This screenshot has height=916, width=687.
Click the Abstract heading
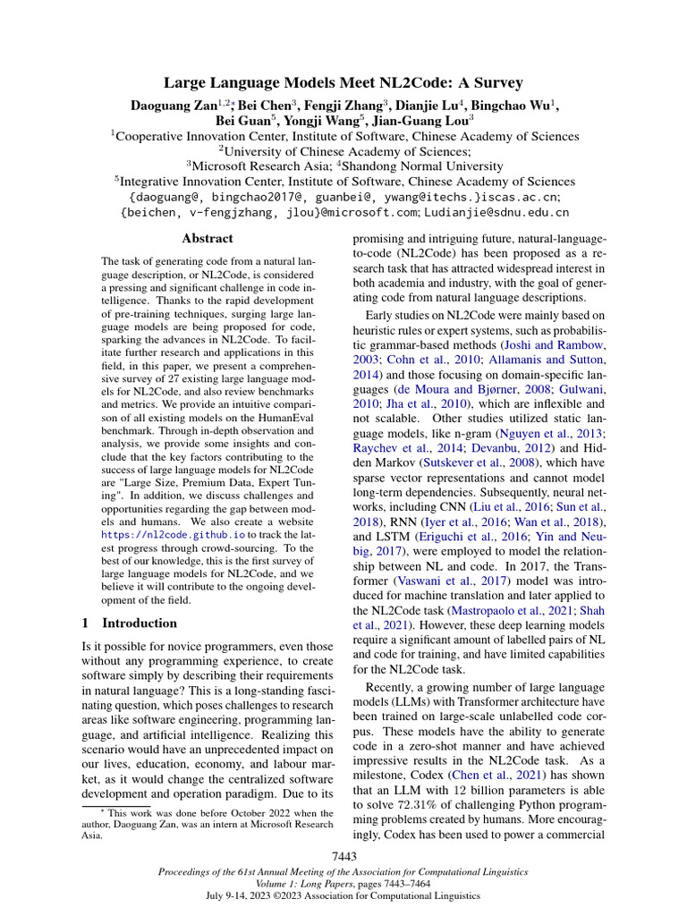(208, 239)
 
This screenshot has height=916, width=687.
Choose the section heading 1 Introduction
(131, 623)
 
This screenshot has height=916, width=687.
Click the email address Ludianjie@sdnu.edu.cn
(497, 213)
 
